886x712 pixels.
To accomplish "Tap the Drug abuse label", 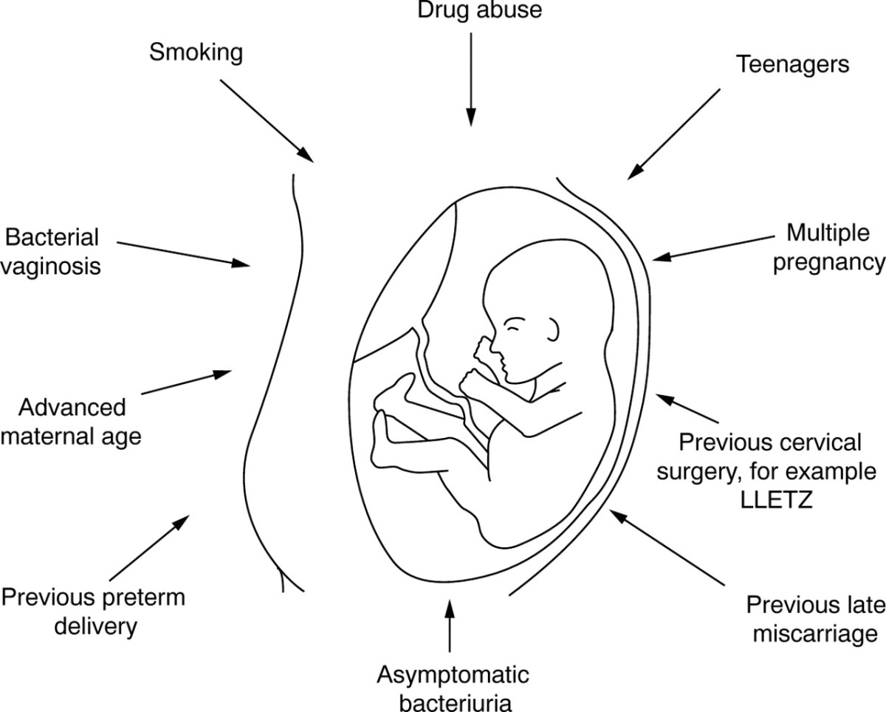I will pos(470,12).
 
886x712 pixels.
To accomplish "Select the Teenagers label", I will pos(791,64).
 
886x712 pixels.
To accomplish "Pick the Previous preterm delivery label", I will pos(92,612).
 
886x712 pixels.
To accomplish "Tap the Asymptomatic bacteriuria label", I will pos(453,687).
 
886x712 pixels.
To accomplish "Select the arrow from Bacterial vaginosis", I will pos(185,253).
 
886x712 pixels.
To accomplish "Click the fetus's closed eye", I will pos(515,324).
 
